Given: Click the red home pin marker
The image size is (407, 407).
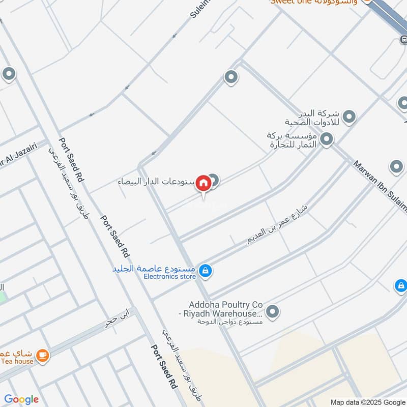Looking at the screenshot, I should tap(203, 183).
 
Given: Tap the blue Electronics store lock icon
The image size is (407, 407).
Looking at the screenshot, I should tap(205, 271).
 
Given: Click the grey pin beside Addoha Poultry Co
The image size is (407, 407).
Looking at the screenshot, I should tap(273, 310).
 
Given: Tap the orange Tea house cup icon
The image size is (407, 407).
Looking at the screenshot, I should tap(42, 355).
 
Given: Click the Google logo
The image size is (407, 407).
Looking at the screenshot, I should tap(21, 399).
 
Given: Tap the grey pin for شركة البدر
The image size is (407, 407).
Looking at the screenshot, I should tap(349, 118).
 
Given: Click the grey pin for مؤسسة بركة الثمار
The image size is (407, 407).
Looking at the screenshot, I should tap(327, 138).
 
